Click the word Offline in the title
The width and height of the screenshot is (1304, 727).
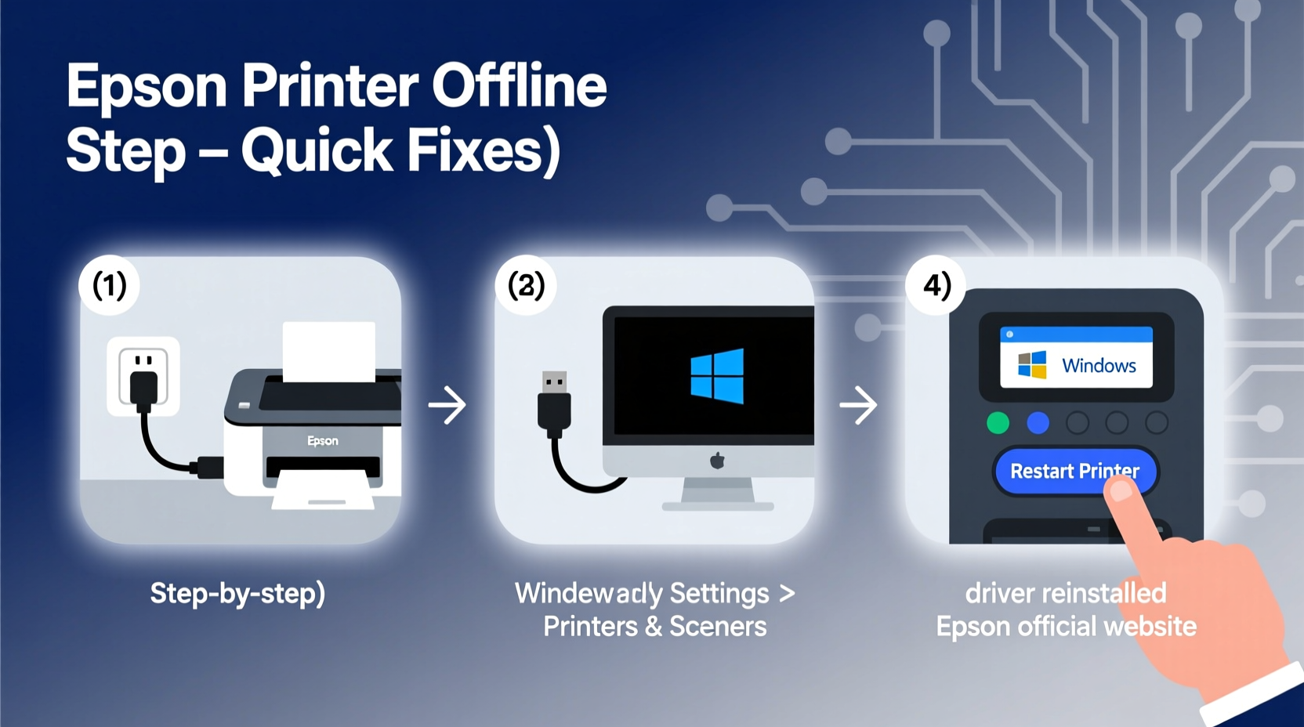click(x=519, y=85)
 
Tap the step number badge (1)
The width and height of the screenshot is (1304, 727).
click(x=109, y=285)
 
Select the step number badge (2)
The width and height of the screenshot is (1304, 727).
click(x=526, y=285)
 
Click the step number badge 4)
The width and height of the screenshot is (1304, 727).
click(x=936, y=285)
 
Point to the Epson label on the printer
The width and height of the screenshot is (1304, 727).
click(x=323, y=441)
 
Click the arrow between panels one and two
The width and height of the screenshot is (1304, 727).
click(x=447, y=405)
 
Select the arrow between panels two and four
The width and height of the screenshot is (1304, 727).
click(x=858, y=405)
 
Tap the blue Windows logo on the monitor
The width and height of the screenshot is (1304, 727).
click(x=717, y=376)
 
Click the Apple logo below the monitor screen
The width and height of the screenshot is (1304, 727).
click(x=717, y=461)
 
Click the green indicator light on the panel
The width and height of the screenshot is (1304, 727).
click(x=998, y=423)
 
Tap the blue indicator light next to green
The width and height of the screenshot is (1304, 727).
click(x=1038, y=423)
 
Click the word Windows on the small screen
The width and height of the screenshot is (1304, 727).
click(x=1099, y=366)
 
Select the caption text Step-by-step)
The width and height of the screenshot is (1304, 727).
click(x=237, y=593)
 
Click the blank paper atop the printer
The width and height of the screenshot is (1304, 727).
click(x=328, y=351)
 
